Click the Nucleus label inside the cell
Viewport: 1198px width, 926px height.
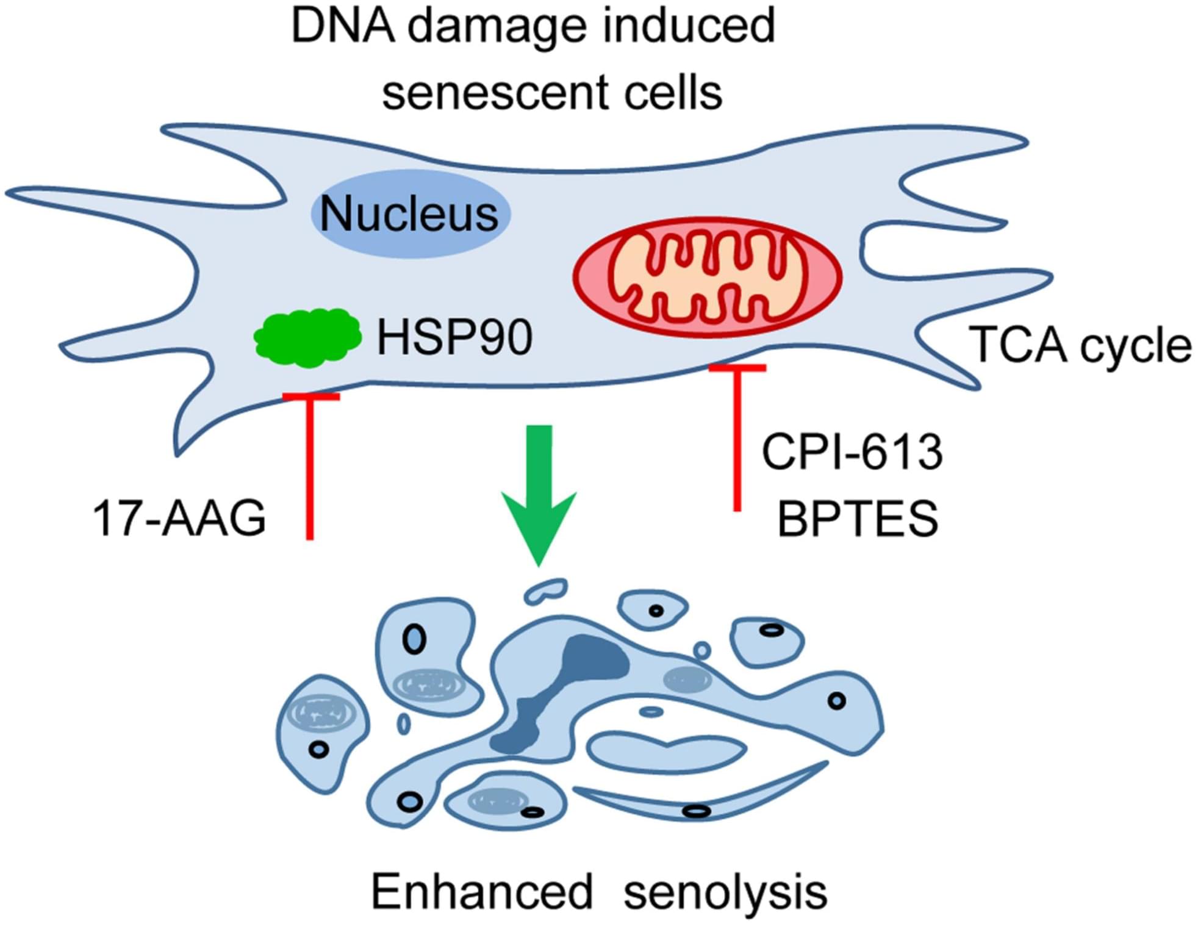(409, 214)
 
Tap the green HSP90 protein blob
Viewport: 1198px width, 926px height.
(307, 337)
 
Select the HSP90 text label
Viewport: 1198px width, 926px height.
(454, 338)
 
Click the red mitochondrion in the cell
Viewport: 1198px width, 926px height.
(707, 277)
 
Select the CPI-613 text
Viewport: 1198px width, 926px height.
(852, 452)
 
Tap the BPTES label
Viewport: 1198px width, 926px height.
(858, 519)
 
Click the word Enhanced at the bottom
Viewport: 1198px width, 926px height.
(482, 891)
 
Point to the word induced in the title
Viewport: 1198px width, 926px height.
(689, 27)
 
